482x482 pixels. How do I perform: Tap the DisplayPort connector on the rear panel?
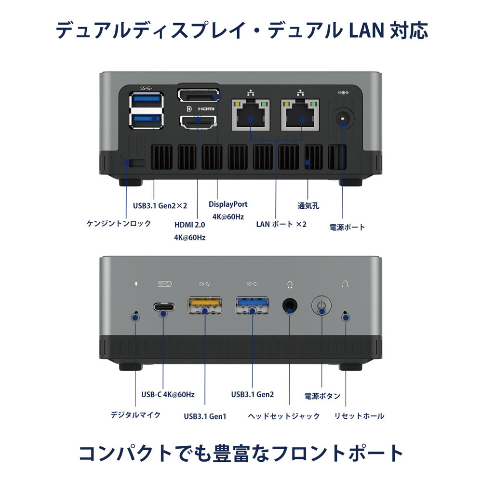coord(198,95)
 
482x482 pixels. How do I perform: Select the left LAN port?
coord(251,116)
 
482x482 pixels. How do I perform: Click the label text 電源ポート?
coord(347,227)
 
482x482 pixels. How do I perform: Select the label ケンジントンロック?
coord(119,223)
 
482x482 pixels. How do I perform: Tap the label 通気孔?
coord(308,206)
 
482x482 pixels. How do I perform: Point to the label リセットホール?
coord(359,415)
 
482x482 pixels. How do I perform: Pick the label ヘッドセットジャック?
coord(284,415)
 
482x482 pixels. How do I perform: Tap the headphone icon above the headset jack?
coord(289,284)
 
